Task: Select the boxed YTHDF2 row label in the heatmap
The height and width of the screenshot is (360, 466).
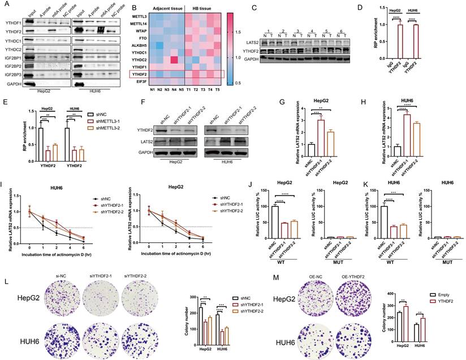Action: pos(147,74)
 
